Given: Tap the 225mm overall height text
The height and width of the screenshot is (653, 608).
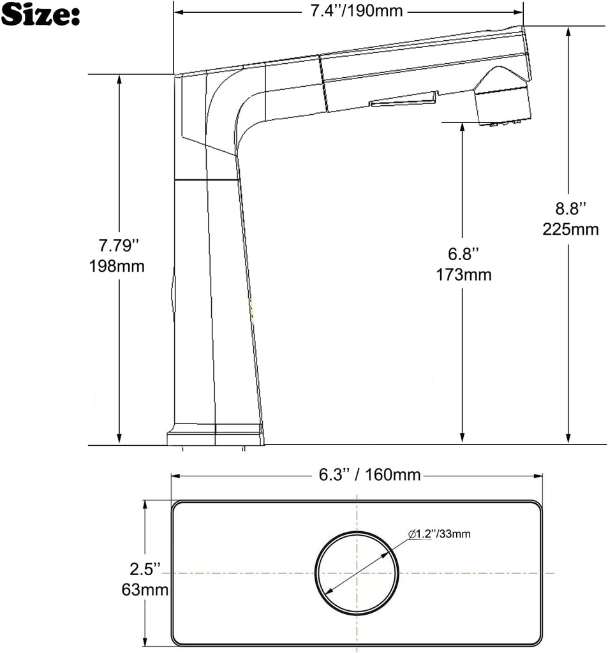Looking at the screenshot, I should (570, 230).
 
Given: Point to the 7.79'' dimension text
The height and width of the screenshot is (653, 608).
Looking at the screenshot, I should (117, 245).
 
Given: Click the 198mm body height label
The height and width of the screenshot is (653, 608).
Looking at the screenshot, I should (117, 266).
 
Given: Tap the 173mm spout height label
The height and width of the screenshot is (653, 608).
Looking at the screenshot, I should (463, 275).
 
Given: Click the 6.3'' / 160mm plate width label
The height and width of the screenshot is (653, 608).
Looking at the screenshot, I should (369, 475).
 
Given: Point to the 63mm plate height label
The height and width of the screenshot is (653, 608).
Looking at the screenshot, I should (145, 590).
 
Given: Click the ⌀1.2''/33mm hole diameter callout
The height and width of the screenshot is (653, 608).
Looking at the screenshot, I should (440, 534).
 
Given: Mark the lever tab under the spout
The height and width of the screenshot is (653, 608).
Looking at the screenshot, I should (403, 99).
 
